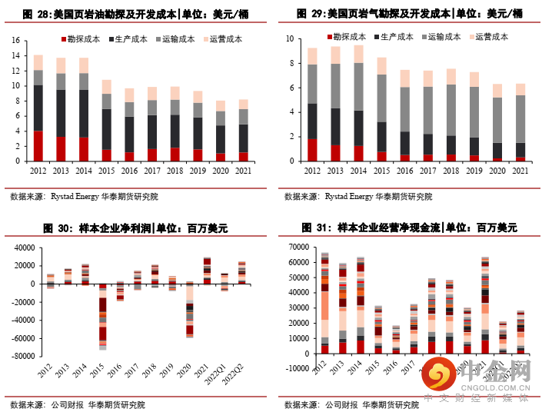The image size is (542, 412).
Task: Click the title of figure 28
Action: (x=135, y=15)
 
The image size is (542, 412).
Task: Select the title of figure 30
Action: (x=135, y=228)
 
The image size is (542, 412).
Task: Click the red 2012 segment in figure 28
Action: (x=38, y=146)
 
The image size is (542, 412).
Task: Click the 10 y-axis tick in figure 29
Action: (x=290, y=38)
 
